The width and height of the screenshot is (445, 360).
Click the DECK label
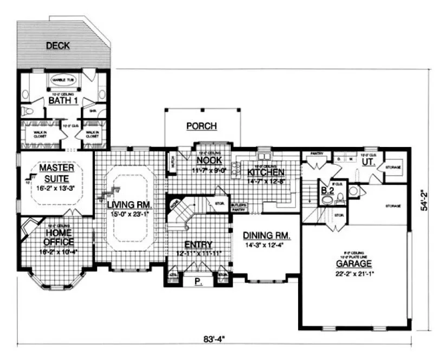coord(57,46)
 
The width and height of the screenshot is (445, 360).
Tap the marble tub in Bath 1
coord(64,81)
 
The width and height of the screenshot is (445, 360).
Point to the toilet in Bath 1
coord(25,111)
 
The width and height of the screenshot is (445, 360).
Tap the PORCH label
coord(201,126)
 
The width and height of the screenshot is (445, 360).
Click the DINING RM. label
coord(266,236)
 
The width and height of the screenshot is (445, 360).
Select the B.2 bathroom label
coord(327,190)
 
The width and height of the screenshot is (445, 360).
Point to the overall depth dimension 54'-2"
coord(427,200)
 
